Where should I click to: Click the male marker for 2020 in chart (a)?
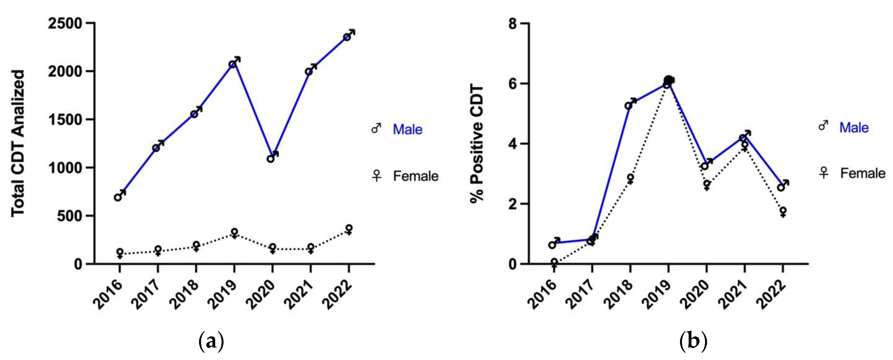click(271, 158)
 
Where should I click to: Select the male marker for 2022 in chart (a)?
click(347, 37)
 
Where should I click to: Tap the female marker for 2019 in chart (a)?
click(234, 232)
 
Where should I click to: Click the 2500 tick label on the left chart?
click(65, 24)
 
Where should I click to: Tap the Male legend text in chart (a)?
click(407, 130)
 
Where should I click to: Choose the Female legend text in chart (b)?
click(862, 173)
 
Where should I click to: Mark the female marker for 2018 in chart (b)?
click(630, 178)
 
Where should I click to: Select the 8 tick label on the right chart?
click(512, 24)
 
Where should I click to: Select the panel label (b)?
click(693, 342)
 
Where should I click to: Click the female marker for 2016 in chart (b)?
click(554, 262)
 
